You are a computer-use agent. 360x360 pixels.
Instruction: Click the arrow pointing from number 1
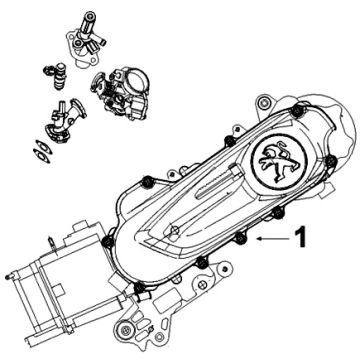tap(272, 240)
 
